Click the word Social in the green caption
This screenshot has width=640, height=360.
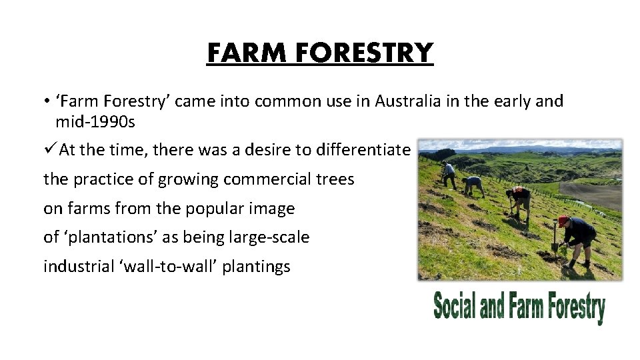455,307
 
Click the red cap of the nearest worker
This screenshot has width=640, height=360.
563,220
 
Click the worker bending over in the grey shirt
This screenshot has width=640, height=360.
474,185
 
